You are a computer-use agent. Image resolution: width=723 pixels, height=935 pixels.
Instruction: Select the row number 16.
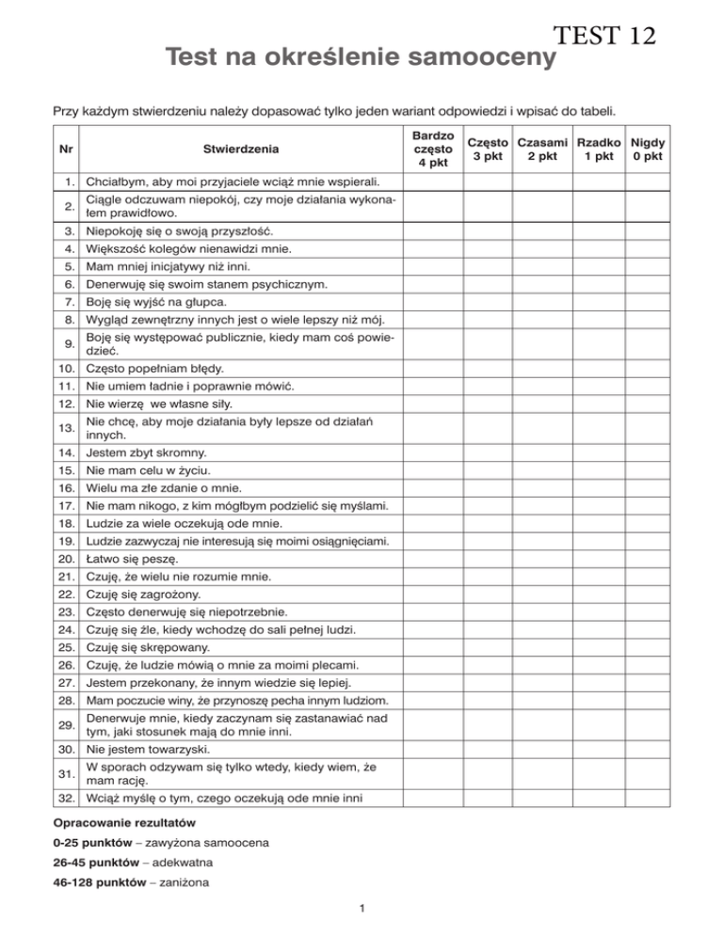pyautogui.click(x=65, y=488)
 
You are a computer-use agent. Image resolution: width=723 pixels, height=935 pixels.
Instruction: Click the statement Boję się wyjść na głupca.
pyautogui.click(x=154, y=302)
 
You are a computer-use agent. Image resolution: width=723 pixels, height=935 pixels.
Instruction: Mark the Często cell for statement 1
pyautogui.click(x=487, y=181)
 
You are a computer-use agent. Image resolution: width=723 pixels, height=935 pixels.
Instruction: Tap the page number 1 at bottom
pyautogui.click(x=362, y=908)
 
